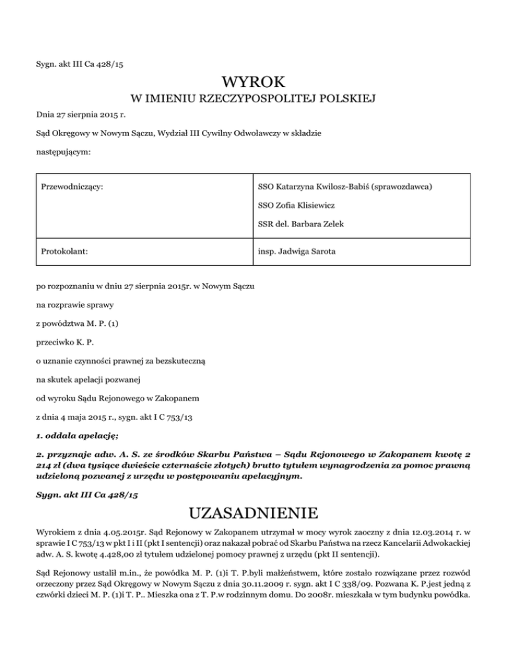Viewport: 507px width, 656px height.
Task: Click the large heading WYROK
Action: (253, 82)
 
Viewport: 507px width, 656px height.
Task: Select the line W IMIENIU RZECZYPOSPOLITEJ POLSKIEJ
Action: (253, 99)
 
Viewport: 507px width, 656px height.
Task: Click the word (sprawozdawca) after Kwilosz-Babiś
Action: (401, 187)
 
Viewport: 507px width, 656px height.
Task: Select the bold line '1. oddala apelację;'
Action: (75, 435)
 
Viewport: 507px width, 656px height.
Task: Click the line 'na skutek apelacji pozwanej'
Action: (90, 379)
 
